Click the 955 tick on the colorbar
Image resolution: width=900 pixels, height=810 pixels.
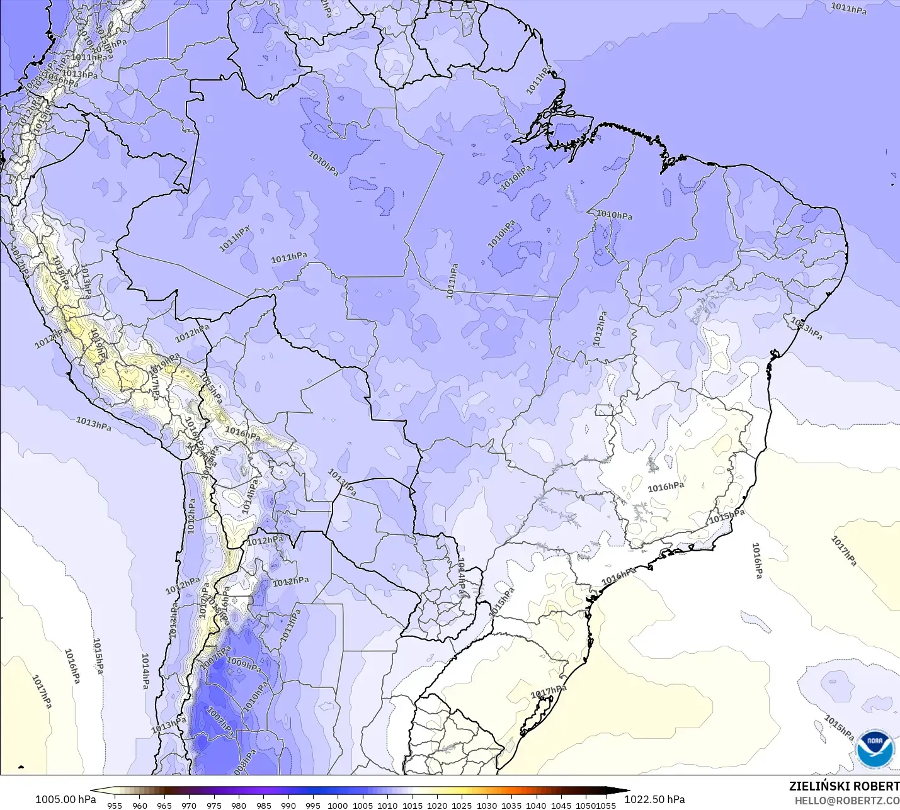click(x=115, y=805)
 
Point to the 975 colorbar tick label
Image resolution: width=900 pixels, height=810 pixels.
click(x=214, y=805)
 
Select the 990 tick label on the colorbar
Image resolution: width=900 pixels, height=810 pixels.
click(x=288, y=805)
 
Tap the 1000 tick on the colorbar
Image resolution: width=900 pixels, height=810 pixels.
click(x=338, y=805)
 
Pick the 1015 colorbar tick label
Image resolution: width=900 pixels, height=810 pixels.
click(x=413, y=805)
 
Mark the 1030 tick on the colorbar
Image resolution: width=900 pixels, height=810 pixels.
click(x=487, y=805)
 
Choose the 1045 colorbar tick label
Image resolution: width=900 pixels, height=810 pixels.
click(x=561, y=805)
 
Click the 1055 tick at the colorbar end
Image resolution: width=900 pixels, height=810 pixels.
click(x=607, y=805)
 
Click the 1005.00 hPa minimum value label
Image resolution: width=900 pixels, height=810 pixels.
click(x=66, y=799)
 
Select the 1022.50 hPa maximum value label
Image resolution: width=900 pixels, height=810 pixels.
click(x=654, y=799)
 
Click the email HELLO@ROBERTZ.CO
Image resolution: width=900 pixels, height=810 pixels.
click(x=846, y=801)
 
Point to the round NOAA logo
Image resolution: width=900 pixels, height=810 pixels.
click(x=875, y=749)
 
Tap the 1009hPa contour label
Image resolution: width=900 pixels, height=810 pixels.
click(x=244, y=664)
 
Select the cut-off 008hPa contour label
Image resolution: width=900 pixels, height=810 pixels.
click(x=244, y=762)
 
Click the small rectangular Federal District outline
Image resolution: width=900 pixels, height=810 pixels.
click(x=604, y=410)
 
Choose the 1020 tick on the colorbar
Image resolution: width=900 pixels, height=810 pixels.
click(x=437, y=805)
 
